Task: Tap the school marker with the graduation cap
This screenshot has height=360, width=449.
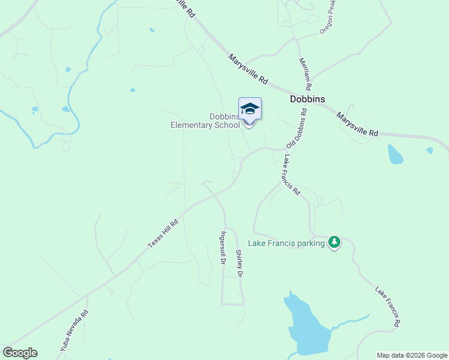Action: click(x=250, y=110)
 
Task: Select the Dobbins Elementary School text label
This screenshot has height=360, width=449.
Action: click(x=205, y=121)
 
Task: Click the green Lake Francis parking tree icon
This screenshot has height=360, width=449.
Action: click(x=334, y=242)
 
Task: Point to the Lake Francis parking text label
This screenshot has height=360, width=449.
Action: click(x=286, y=243)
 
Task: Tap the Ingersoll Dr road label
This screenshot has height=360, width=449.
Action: click(x=223, y=248)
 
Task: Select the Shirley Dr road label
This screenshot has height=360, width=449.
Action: click(x=239, y=263)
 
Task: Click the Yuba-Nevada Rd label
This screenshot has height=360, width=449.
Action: click(x=74, y=330)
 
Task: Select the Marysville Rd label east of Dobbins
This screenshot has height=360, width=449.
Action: click(x=357, y=124)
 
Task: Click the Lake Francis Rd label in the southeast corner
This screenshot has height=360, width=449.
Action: click(x=388, y=307)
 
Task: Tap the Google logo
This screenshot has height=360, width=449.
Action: click(x=20, y=353)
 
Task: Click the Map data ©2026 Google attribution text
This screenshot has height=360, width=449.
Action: click(x=412, y=355)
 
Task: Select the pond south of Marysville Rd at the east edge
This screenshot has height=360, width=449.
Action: click(x=395, y=154)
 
